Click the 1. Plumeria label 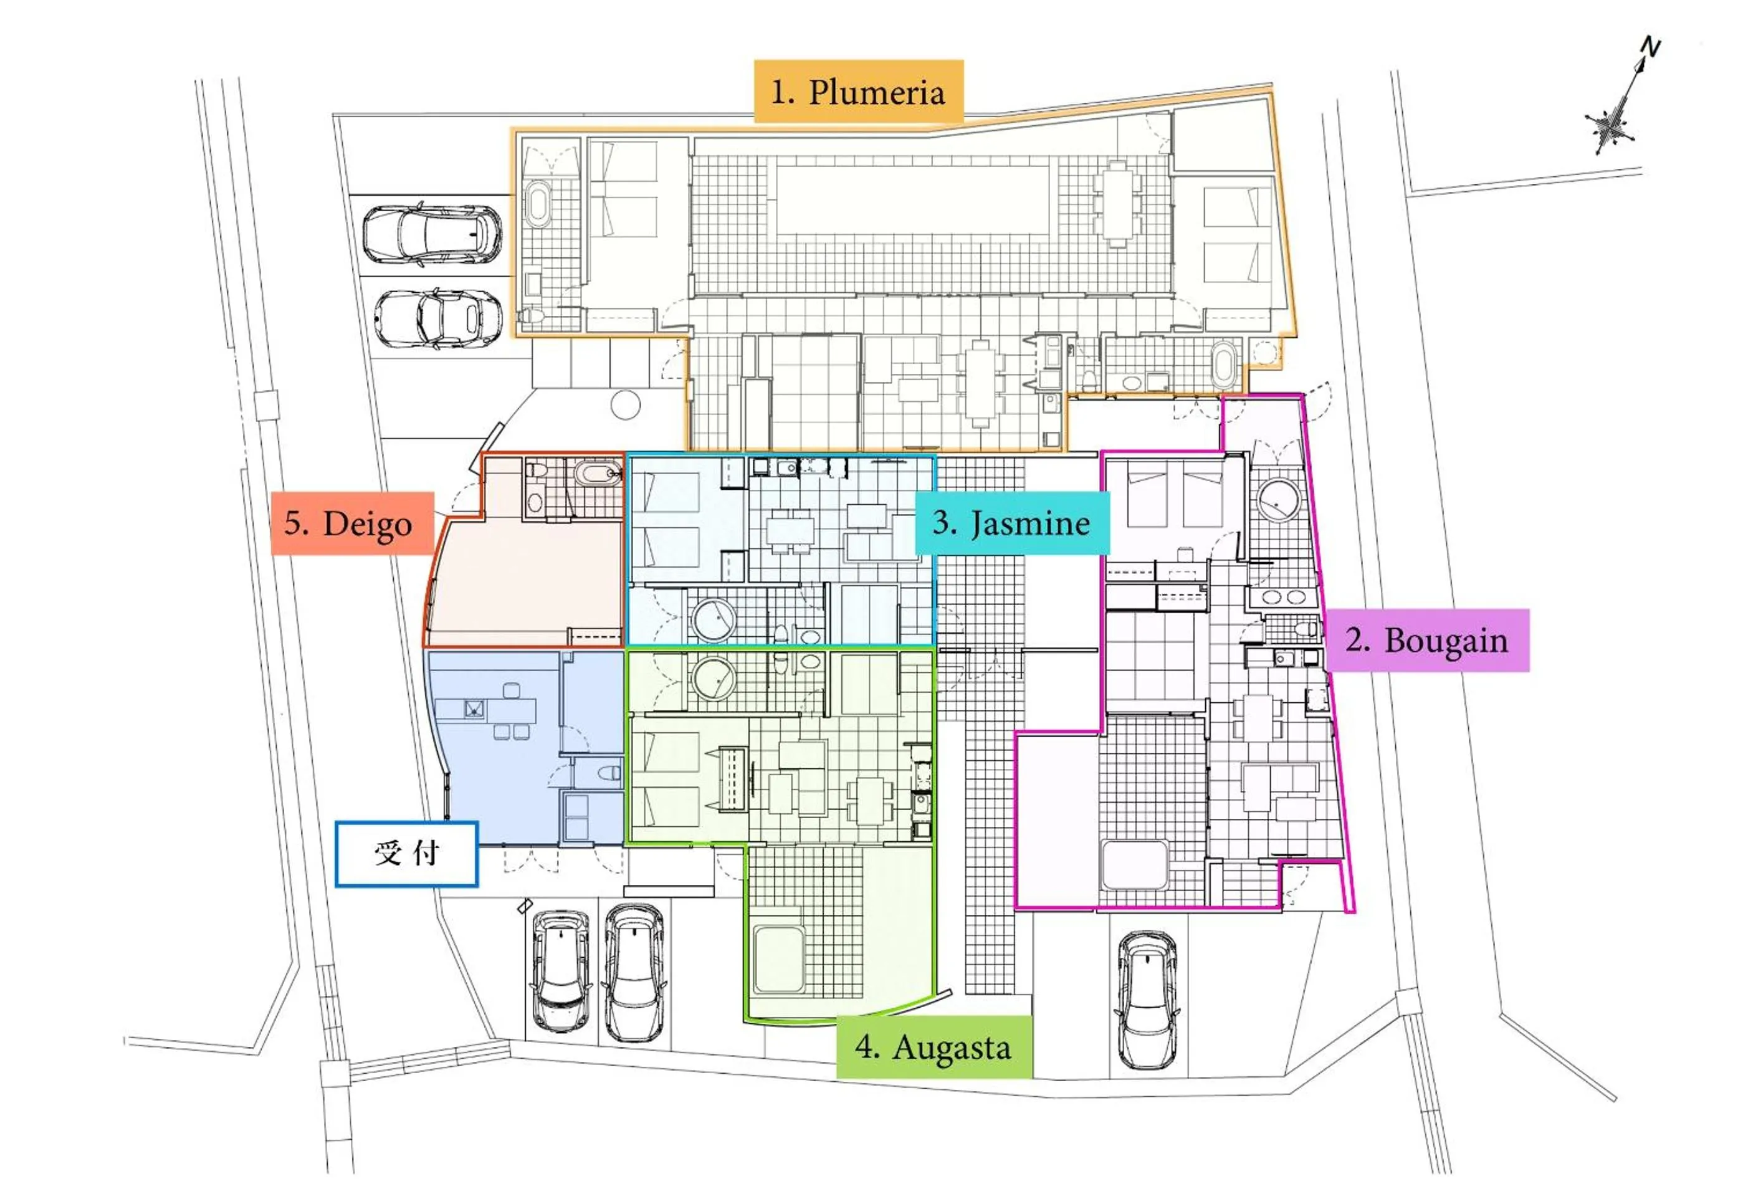(x=857, y=92)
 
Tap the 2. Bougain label (x=1426, y=640)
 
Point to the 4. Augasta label (x=933, y=1047)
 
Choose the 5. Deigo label (x=351, y=523)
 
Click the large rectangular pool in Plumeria (x=912, y=199)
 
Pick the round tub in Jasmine (x=713, y=619)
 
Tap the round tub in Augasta (x=713, y=679)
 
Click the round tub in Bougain (x=1278, y=500)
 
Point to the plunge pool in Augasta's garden (x=778, y=959)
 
